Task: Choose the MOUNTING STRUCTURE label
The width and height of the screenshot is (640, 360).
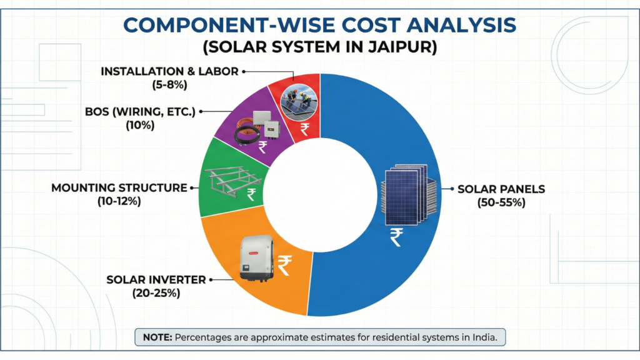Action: (x=119, y=187)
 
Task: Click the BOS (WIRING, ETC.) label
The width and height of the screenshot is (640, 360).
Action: (x=140, y=112)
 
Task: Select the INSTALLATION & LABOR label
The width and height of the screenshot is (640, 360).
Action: (x=169, y=71)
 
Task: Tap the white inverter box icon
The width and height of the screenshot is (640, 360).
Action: (x=256, y=258)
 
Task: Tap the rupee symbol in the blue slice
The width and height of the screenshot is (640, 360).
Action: (x=396, y=237)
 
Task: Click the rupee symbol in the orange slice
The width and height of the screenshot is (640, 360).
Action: (x=285, y=263)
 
